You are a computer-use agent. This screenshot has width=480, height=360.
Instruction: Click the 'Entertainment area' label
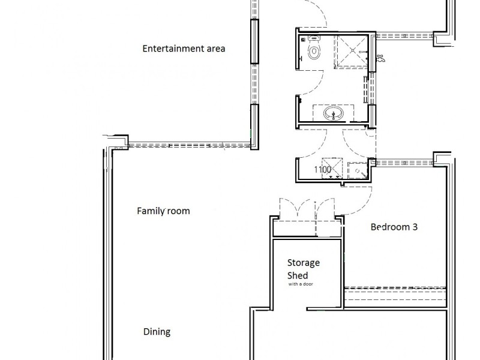point(184,49)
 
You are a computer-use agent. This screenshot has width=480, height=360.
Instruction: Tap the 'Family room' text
point(163,211)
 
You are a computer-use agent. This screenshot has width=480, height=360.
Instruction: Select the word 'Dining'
point(157,332)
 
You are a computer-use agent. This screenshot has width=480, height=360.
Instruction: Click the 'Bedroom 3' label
point(394,227)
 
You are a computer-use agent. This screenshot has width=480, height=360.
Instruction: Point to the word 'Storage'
point(304,263)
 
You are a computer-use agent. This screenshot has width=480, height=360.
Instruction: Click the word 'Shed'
point(297,275)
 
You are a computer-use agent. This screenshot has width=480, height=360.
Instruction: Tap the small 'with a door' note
point(301,284)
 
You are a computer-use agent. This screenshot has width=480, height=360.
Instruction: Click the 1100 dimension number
point(323,169)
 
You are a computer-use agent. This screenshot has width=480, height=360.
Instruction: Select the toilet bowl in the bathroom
point(314,52)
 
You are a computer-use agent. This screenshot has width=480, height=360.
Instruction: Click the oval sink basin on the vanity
point(334,113)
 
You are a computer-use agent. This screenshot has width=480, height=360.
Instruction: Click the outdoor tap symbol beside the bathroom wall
point(380,58)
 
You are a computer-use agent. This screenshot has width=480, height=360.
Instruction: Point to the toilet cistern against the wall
point(314,38)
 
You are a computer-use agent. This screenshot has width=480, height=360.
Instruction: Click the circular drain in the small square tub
point(357,171)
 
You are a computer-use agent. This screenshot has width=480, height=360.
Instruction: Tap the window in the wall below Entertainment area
point(190,145)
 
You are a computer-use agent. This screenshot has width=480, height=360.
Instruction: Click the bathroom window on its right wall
point(371,88)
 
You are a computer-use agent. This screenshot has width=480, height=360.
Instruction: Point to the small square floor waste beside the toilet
point(303,40)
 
